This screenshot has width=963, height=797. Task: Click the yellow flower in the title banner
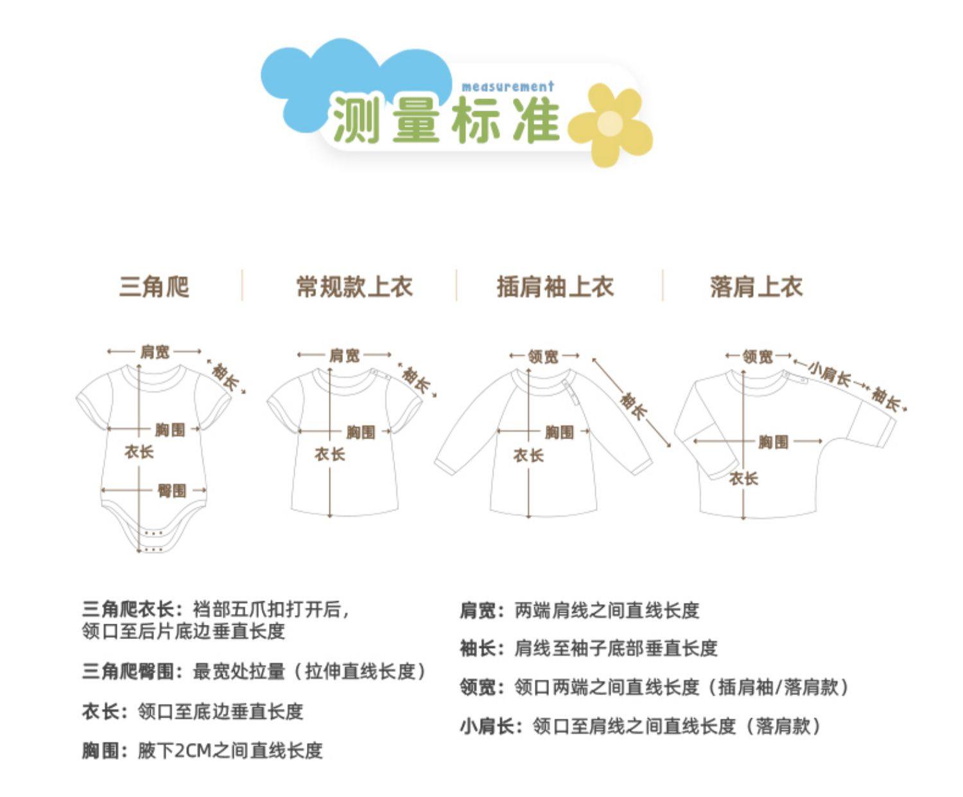611,124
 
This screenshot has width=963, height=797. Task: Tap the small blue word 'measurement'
507,87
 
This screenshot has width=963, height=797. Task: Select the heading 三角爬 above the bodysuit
154,286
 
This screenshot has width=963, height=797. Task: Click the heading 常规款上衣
354,286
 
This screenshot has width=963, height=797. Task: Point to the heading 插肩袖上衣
555,286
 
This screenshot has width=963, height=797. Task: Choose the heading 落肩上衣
756,286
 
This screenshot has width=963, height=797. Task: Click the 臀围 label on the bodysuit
171,491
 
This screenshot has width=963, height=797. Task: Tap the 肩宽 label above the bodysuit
155,351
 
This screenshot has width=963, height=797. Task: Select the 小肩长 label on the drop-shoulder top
829,372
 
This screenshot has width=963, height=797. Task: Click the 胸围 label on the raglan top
559,432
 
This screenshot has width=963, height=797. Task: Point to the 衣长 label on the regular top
329,455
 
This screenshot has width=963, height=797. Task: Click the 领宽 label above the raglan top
543,356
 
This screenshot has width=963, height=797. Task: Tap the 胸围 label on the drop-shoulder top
772,442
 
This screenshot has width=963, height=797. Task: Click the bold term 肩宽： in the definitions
482,610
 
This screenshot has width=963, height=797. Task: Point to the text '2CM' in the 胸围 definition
193,750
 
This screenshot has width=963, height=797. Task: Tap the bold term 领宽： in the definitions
482,687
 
